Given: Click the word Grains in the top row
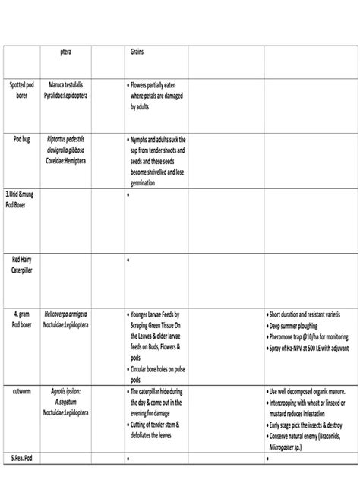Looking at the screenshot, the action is tap(137, 52).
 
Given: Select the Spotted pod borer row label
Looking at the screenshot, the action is tap(21, 91).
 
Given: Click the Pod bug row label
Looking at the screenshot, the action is tap(21, 140).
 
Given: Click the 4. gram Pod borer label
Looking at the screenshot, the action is tap(21, 318).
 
